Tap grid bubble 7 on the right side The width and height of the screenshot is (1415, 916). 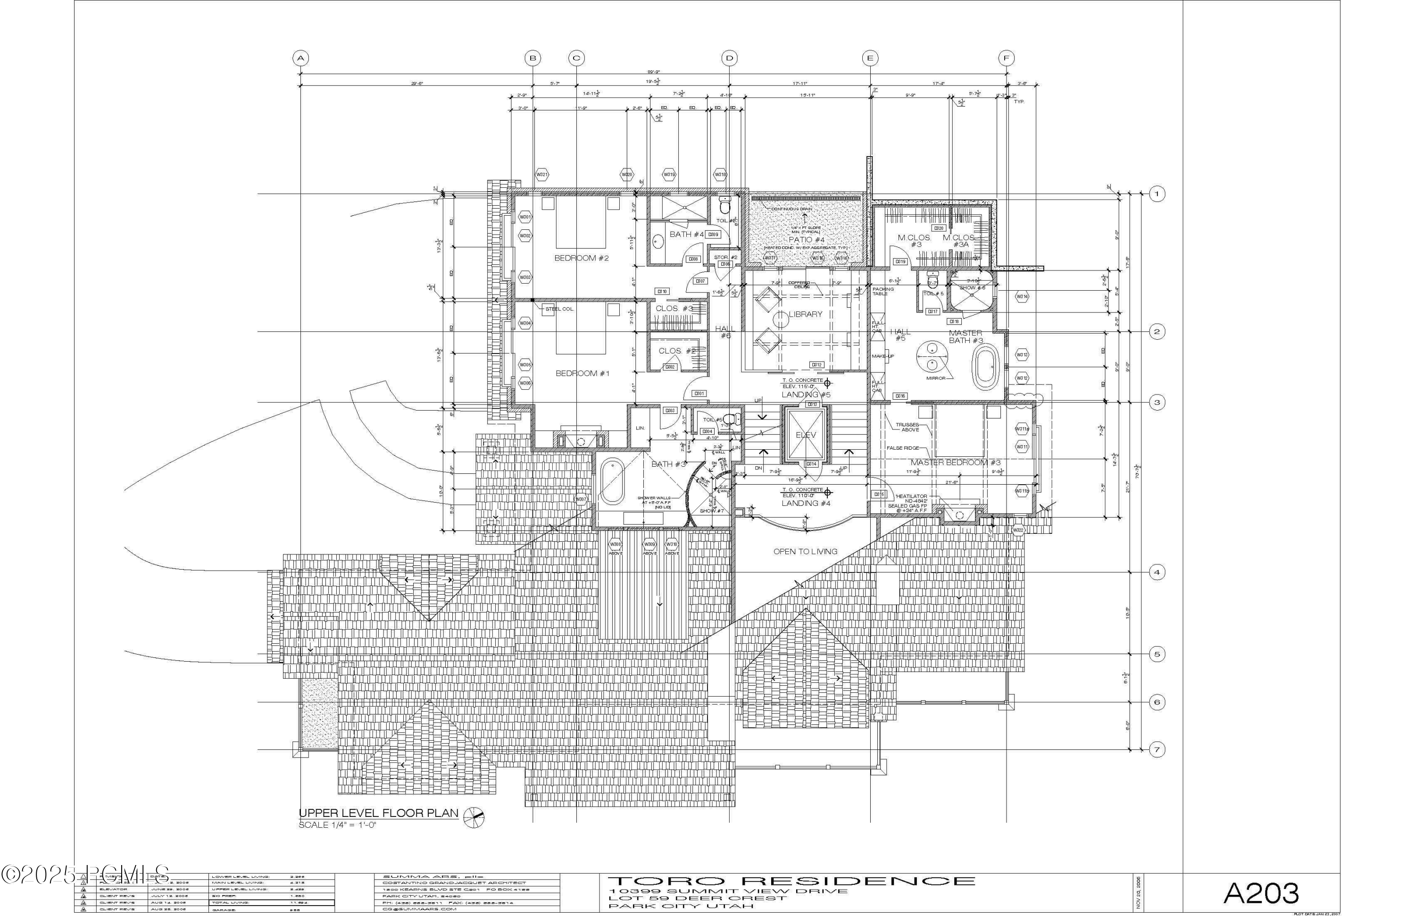[1157, 749]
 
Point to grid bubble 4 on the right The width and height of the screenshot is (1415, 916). [1157, 572]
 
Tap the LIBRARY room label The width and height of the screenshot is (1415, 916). [805, 314]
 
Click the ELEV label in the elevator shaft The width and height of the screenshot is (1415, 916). [806, 435]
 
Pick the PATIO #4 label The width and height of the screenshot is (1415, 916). [806, 240]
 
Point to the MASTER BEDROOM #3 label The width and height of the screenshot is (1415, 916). [956, 462]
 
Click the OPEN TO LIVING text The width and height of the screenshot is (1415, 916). [805, 551]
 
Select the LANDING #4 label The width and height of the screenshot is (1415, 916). [805, 503]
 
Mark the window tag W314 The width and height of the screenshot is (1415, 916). [1022, 296]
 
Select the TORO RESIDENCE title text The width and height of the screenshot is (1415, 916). [791, 881]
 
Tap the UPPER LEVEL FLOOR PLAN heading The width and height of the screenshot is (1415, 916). [378, 813]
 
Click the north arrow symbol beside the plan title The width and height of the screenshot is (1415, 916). [474, 817]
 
